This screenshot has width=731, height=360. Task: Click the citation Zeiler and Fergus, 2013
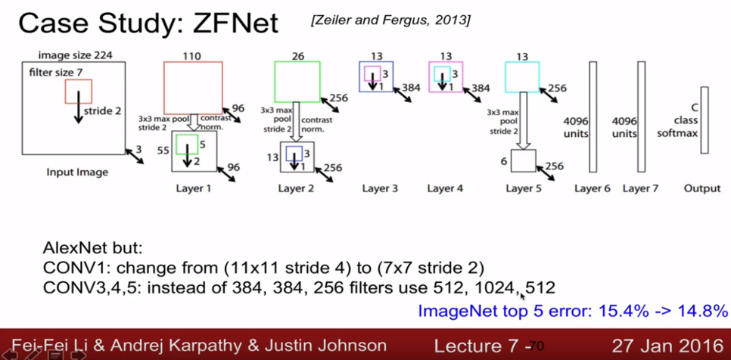coord(390,20)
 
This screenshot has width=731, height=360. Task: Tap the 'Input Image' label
coord(77,172)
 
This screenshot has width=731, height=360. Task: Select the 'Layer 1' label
coord(193,188)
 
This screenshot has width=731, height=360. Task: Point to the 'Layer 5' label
coord(524,188)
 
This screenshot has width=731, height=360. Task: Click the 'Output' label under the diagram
coord(701,188)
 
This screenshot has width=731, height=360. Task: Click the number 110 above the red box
coord(193,55)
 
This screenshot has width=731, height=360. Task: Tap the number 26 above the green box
coord(297,55)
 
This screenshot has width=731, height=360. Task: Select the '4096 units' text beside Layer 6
coord(576,127)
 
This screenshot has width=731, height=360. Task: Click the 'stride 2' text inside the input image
coord(102,110)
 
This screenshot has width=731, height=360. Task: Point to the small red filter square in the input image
coord(78,92)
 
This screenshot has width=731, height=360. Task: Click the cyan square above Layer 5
coord(522,77)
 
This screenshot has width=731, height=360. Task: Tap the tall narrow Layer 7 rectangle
coord(642,117)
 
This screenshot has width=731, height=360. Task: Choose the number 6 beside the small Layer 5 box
coord(503,161)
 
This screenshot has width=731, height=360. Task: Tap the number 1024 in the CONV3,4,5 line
coord(499,287)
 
